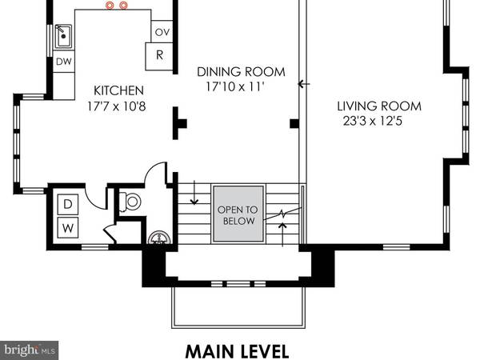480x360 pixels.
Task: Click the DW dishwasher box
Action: coord(63,61)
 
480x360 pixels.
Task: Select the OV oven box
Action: coord(161,33)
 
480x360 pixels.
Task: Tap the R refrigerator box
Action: coord(159,56)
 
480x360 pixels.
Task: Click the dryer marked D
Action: coord(68,204)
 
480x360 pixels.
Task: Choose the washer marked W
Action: coord(68,227)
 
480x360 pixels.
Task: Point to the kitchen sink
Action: coord(65,36)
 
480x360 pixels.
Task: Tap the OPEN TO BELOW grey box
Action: coord(238,214)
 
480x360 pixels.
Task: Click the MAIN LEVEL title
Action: coord(237,350)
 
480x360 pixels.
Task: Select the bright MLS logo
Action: coord(29,350)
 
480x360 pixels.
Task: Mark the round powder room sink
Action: coord(159,238)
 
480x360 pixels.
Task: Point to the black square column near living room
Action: coord(294,124)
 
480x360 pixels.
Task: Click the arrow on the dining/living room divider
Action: coord(302,83)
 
